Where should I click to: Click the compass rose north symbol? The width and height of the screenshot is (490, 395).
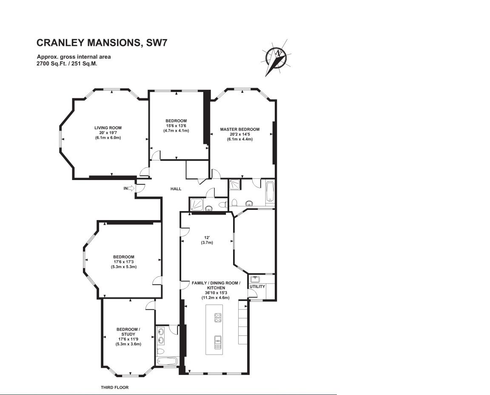(x=276, y=58)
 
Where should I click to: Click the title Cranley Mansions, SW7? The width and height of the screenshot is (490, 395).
(x=102, y=43)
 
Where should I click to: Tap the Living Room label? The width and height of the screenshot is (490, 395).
(x=108, y=128)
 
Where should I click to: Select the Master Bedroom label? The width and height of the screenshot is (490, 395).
(x=240, y=129)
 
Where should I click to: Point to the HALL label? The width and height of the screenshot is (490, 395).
(x=176, y=189)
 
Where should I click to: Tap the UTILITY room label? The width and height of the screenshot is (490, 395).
(x=257, y=286)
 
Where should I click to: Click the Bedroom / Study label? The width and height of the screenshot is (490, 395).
(x=128, y=332)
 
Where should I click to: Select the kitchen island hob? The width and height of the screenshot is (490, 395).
(x=218, y=318)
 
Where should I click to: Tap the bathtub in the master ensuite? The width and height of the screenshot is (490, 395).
(x=270, y=191)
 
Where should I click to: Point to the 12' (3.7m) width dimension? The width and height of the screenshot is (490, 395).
(x=207, y=240)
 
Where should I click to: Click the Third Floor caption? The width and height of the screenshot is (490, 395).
(x=115, y=387)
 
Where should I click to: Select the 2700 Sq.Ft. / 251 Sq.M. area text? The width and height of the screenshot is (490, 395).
(x=67, y=63)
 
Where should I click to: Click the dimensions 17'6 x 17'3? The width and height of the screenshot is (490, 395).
(x=124, y=262)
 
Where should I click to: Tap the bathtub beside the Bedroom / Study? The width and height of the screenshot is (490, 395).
(x=167, y=361)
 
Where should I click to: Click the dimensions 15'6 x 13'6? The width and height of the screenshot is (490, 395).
(x=176, y=126)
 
